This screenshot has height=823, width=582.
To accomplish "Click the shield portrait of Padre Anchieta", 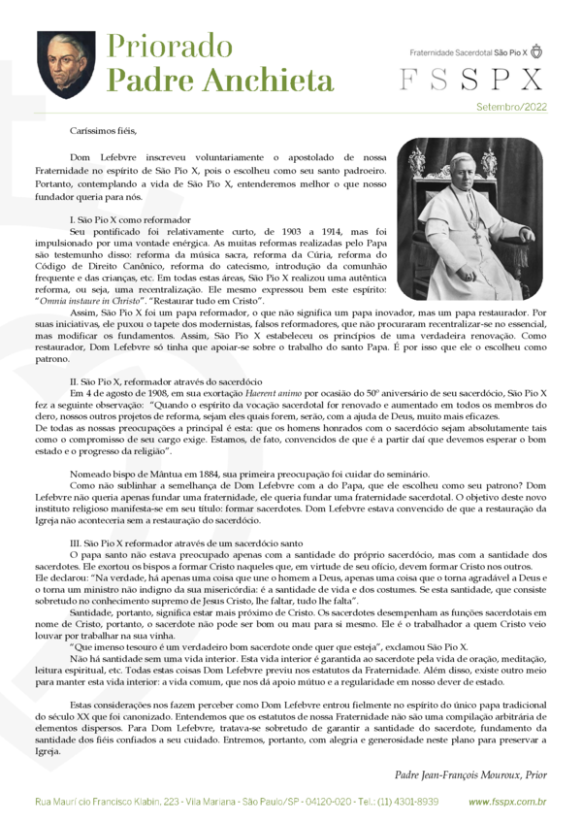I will (66, 63).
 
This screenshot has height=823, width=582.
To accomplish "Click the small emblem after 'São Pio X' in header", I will (536, 50).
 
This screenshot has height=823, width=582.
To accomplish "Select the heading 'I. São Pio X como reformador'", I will (131, 220).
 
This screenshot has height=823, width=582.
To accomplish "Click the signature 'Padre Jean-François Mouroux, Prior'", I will (471, 774).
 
